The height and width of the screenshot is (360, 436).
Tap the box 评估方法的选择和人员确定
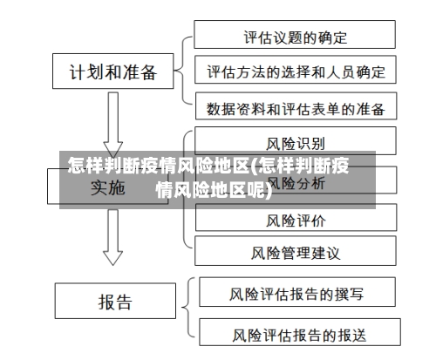(x=295, y=71)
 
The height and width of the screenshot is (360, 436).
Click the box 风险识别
(x=295, y=142)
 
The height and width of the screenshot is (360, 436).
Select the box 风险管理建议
(x=295, y=254)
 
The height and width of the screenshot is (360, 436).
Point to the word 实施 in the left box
(x=107, y=187)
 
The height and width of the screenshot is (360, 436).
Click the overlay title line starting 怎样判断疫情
(x=209, y=165)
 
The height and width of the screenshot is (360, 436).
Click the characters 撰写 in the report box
(x=350, y=294)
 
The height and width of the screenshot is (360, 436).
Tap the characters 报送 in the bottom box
(x=350, y=334)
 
